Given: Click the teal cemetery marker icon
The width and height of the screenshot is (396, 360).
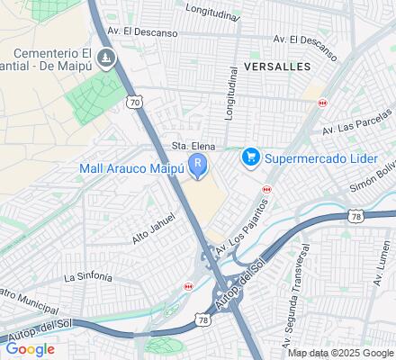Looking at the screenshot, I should click(x=106, y=59).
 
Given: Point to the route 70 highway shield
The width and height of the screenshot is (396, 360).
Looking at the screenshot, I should click(x=135, y=103).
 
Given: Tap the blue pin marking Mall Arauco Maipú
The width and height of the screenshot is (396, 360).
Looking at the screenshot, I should click(x=197, y=164).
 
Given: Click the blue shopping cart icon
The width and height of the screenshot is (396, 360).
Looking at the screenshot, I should click(x=251, y=157).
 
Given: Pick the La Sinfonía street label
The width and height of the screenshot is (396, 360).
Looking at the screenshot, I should click(x=88, y=276).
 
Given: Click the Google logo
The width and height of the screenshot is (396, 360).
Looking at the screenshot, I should click(x=30, y=348).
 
